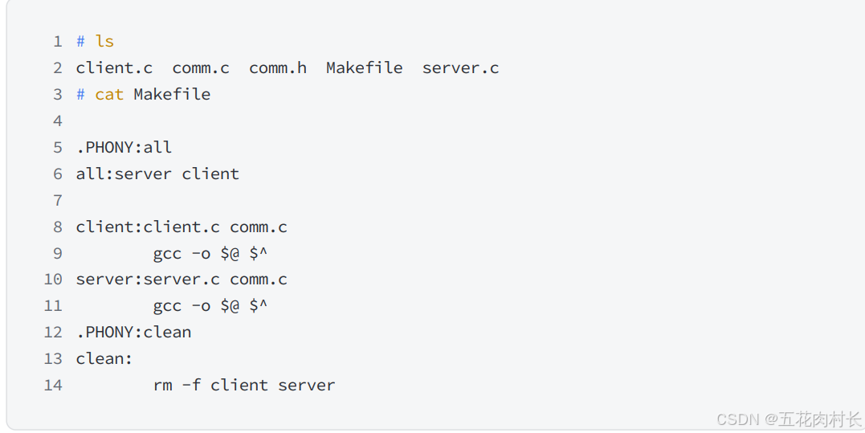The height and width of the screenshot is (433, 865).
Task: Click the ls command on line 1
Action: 104,42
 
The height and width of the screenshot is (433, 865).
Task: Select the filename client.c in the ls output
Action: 114,68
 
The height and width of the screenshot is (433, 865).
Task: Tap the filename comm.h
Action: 277,68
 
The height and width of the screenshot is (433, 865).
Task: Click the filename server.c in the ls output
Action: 460,68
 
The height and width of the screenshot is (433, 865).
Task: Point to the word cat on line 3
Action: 109,95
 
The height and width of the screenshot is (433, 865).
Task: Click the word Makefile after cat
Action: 172,95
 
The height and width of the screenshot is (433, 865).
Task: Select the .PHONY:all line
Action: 124,148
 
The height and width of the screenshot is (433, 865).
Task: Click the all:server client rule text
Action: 157,174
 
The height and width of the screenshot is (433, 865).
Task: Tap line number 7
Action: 57,200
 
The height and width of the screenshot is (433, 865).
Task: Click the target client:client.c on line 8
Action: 148,227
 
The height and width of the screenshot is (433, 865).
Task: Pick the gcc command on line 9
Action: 167,254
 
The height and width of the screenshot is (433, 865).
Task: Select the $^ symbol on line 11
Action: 258,306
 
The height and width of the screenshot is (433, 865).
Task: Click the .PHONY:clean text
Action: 133,333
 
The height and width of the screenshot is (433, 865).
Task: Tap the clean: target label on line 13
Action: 104,359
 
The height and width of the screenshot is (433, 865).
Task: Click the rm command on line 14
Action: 162,386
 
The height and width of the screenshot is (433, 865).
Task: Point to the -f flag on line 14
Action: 191,386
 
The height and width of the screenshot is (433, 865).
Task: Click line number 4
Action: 57,121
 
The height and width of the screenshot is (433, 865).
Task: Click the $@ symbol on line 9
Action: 230,254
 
